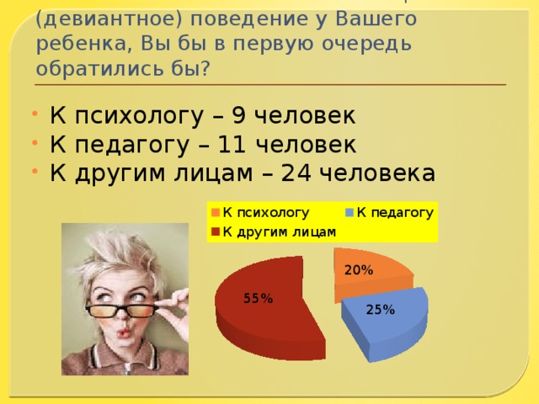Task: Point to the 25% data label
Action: click(381, 310)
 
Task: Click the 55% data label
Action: click(258, 298)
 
